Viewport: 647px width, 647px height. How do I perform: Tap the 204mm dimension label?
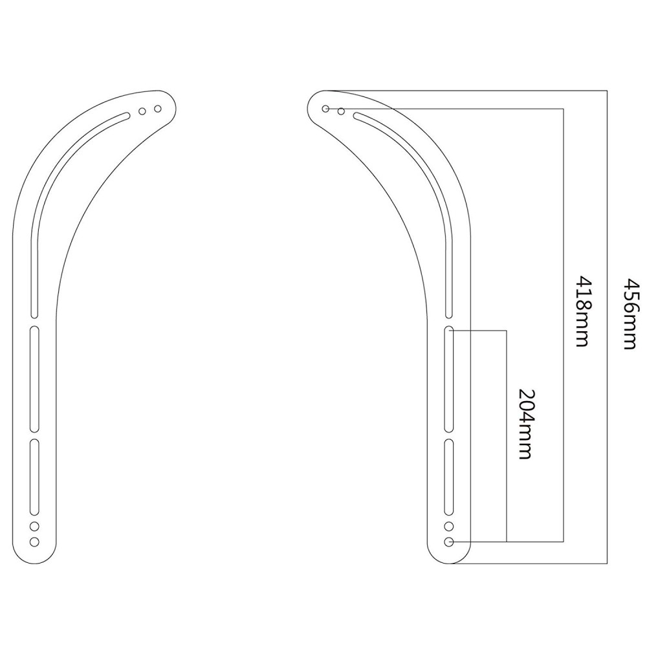(x=525, y=424)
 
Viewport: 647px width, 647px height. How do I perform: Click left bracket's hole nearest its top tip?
(x=157, y=108)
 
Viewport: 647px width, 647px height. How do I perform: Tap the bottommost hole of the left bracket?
(x=35, y=541)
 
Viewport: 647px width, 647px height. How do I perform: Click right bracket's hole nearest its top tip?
(x=326, y=108)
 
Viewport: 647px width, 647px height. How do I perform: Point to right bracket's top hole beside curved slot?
(x=340, y=111)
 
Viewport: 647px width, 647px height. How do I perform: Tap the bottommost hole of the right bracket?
(x=449, y=541)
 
